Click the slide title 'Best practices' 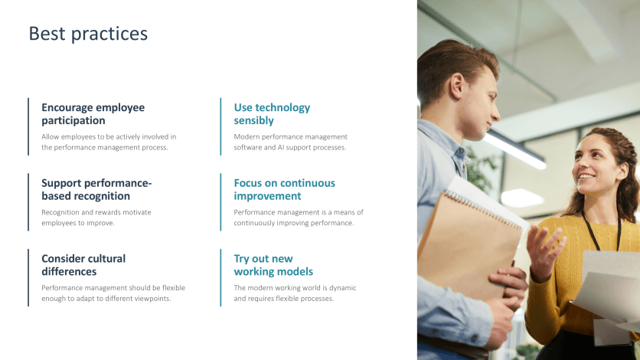click(x=88, y=34)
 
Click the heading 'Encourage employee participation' click(x=93, y=114)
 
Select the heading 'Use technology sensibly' click(x=272, y=114)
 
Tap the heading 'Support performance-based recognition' click(x=96, y=189)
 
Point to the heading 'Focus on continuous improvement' click(x=284, y=189)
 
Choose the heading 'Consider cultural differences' click(x=83, y=265)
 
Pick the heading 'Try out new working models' click(x=273, y=265)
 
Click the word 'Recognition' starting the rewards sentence click(x=62, y=212)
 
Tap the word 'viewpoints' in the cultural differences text click(x=152, y=299)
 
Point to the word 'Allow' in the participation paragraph click(x=51, y=136)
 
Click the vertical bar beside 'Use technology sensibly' click(x=220, y=126)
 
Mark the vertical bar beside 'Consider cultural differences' click(x=28, y=277)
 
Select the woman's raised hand click(x=545, y=249)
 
